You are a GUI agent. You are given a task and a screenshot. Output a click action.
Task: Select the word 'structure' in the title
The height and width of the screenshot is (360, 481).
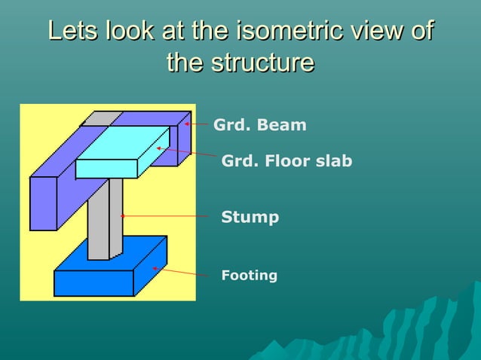tap(262, 62)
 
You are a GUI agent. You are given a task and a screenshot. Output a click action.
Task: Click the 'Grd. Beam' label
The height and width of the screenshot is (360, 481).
tap(260, 125)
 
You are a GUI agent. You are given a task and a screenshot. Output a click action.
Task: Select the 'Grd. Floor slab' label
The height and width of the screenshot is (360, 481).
tap(286, 161)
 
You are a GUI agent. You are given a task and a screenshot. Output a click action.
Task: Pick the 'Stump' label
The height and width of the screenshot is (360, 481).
tap(250, 218)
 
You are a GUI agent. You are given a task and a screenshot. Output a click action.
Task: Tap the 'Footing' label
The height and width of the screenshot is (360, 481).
tap(249, 276)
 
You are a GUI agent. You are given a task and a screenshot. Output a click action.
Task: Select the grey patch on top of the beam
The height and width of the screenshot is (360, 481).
tap(101, 119)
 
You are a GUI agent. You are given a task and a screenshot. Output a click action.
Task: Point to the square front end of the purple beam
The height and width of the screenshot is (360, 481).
tap(44, 203)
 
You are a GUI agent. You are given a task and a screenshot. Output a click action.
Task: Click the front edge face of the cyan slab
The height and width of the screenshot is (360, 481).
tap(106, 169)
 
